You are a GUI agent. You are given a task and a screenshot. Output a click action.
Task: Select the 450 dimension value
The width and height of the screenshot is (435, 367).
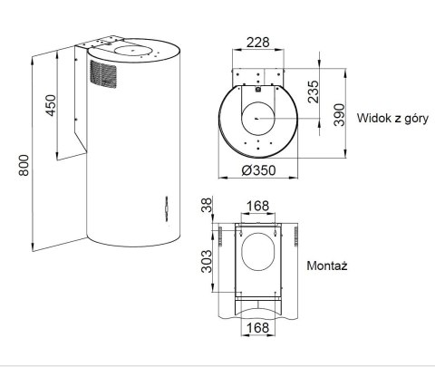coord(51,106)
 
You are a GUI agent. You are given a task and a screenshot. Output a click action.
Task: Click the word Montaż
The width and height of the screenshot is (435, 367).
coord(328,267)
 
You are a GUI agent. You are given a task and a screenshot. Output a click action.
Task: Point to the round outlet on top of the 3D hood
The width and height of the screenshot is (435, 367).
coord(133,49)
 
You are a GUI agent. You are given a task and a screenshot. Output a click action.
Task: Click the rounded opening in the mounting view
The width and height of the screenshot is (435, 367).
coord(257,255)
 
